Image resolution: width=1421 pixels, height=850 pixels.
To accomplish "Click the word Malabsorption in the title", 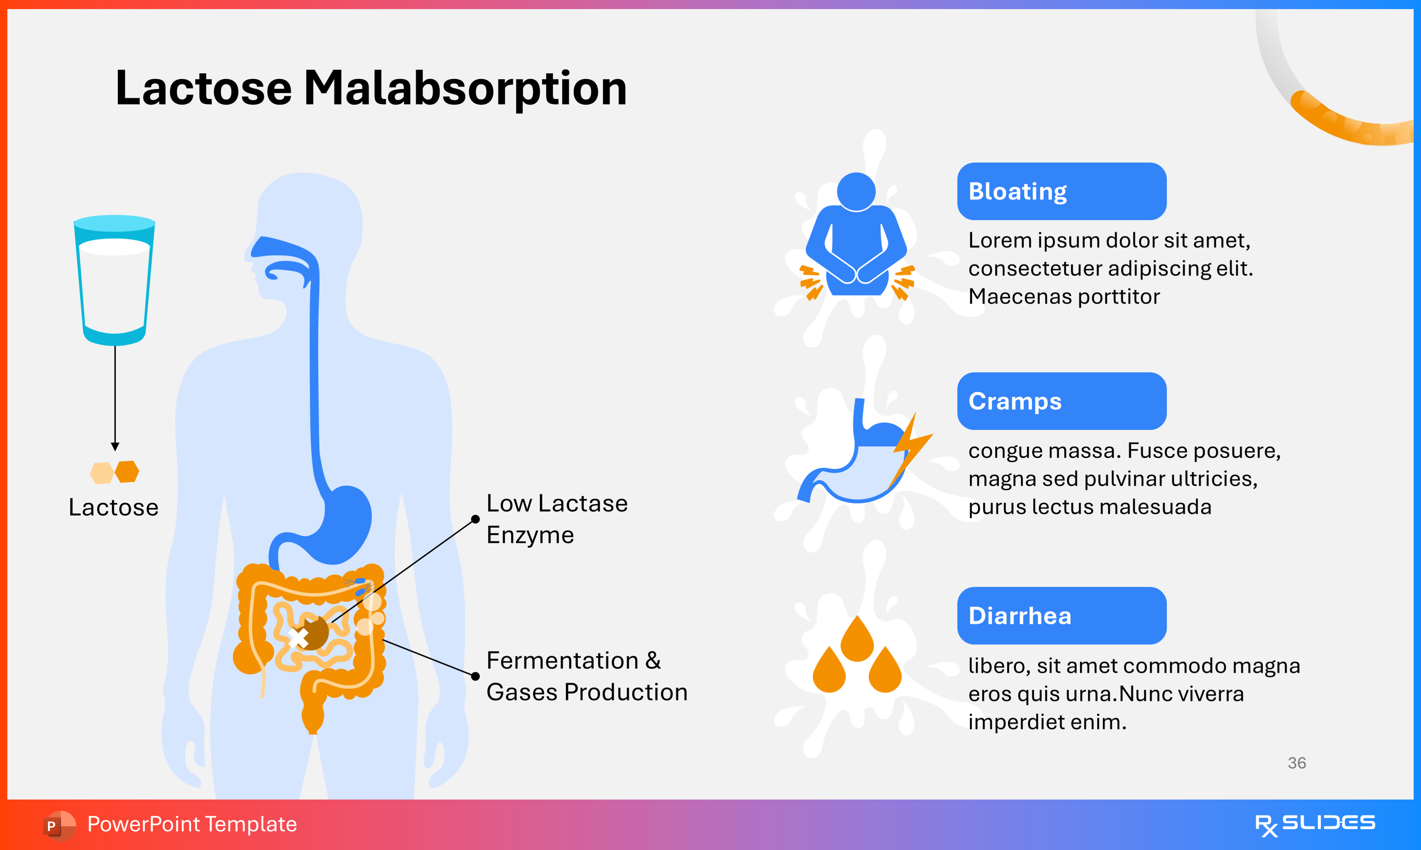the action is [465, 89].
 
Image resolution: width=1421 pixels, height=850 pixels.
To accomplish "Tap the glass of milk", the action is [114, 281].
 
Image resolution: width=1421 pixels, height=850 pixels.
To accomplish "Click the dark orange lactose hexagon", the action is [127, 472].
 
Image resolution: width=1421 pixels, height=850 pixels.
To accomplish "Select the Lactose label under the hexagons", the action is [113, 508].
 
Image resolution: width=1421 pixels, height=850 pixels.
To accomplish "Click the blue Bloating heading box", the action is [1061, 191].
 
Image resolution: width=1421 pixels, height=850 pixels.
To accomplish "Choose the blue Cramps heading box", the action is [1061, 401].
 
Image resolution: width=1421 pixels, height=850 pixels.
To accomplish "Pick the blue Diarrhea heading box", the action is [1061, 616].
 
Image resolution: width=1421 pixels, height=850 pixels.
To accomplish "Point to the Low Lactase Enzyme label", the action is [557, 519].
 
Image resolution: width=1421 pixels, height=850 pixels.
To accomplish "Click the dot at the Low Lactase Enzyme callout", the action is [475, 519].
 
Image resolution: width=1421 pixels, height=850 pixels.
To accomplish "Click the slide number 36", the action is [1297, 763].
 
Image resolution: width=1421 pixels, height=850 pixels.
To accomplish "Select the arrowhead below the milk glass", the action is [115, 446].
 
